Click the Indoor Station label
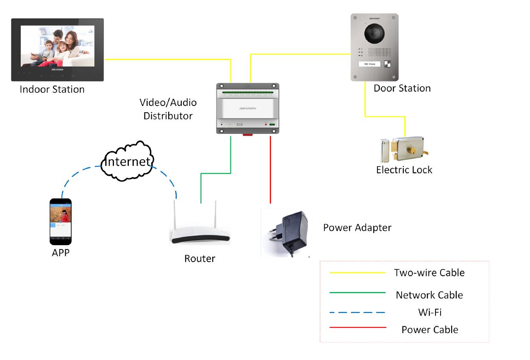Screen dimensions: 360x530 [x=52, y=90]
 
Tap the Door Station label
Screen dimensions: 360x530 [x=402, y=88]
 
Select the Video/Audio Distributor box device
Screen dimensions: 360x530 [x=248, y=108]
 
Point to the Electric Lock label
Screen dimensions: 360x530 [x=404, y=170]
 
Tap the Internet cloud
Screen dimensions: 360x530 [x=127, y=161]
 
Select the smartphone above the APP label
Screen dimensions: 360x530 [x=61, y=222]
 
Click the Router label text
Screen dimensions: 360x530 [x=200, y=258]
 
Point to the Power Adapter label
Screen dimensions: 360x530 [x=357, y=227]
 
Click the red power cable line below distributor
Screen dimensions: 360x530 [x=270, y=169]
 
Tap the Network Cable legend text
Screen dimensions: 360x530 [x=429, y=295]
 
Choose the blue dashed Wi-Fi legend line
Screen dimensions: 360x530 [x=358, y=313]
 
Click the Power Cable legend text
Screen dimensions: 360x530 [x=430, y=330]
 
